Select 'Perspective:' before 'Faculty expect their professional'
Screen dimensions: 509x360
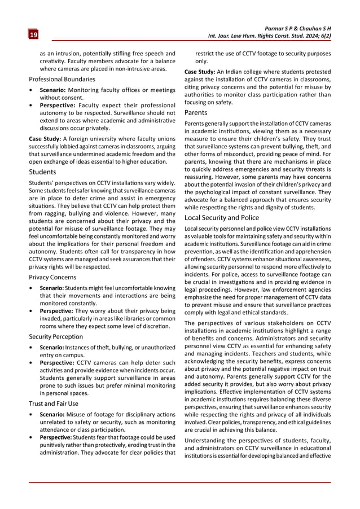(57, 105)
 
